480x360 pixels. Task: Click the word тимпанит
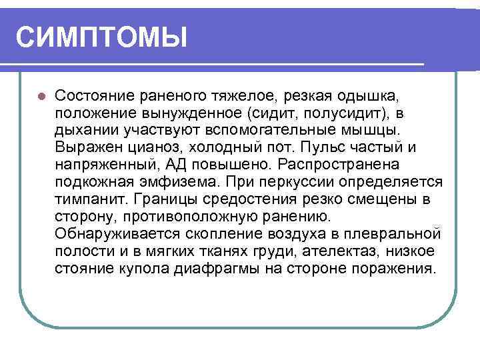point(91,199)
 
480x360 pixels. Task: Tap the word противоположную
point(187,217)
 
